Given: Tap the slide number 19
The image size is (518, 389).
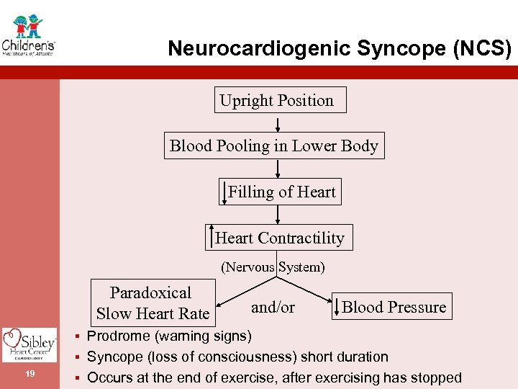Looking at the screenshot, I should point(29,373).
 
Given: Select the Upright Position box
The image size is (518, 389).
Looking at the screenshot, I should point(279,100).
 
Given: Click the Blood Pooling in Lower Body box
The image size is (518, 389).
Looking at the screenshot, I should point(273,146).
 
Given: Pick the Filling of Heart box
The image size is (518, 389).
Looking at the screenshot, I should point(281,192).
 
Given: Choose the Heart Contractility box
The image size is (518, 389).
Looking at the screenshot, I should point(279,238).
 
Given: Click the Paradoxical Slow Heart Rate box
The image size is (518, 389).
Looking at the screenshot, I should point(152,303).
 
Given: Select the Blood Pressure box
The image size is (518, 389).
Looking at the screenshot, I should point(393,307).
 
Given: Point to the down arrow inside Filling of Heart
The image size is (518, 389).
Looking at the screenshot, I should point(224,193).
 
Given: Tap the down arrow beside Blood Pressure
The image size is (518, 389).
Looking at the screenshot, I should point(336,308).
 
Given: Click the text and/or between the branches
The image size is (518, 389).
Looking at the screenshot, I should point(273,307).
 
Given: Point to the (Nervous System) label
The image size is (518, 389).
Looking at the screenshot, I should point(273,267).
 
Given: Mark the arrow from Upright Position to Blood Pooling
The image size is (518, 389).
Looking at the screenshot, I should point(278,122).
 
